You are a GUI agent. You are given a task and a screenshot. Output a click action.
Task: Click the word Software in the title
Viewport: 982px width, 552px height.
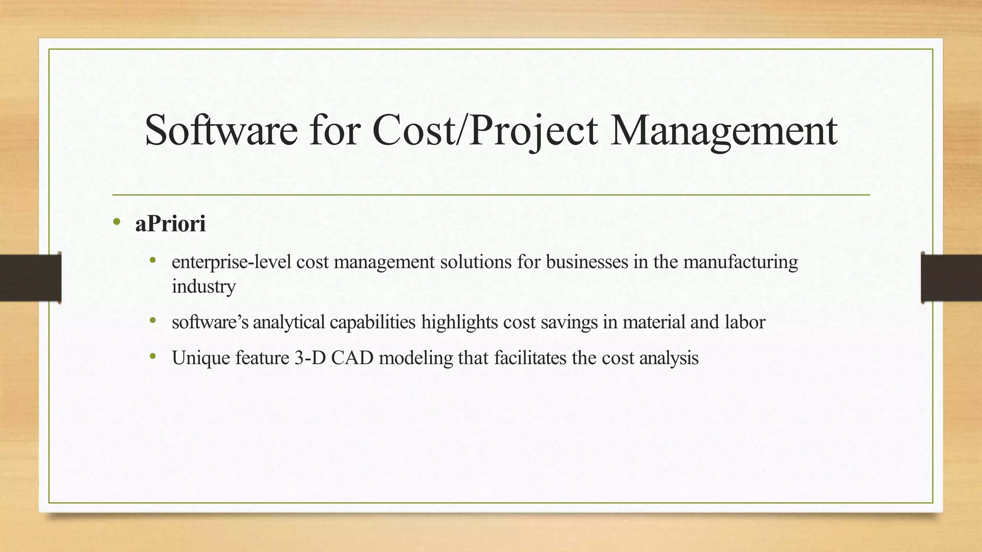[x=221, y=130]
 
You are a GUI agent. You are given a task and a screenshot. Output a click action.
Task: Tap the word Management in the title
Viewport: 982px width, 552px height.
[x=724, y=131]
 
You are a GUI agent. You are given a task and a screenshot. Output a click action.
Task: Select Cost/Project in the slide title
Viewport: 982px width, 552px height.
[x=485, y=131]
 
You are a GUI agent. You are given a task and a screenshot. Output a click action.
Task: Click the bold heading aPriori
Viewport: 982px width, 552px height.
[x=170, y=224]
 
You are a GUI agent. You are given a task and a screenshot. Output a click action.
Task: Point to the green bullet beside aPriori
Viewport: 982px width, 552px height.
[x=116, y=221]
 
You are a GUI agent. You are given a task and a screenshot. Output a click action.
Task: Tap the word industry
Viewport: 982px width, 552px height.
[x=204, y=287]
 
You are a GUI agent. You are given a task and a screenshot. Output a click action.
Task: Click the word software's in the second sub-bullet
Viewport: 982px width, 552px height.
[x=210, y=322]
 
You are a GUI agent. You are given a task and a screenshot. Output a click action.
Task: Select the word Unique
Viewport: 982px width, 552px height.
[x=201, y=358]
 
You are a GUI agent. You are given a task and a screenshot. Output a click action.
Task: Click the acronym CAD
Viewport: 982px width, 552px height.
[x=352, y=358]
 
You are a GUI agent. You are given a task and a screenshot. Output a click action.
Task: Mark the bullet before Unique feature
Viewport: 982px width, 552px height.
[x=153, y=356]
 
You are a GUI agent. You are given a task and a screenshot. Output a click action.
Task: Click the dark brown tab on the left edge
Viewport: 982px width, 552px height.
[x=30, y=278]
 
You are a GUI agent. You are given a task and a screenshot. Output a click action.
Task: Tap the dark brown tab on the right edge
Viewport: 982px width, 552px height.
[x=951, y=278]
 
